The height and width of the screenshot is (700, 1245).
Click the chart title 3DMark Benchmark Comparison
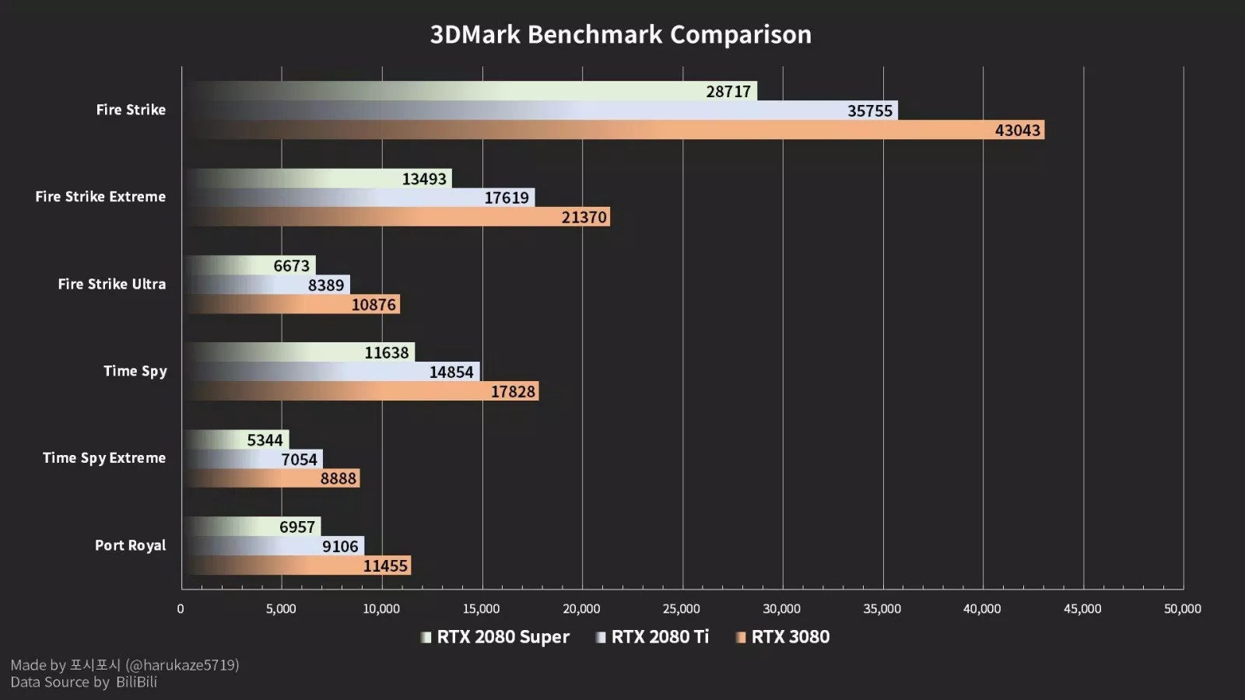(x=621, y=34)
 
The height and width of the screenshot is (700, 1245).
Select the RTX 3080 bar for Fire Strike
(x=615, y=130)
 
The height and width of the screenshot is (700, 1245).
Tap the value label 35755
(x=869, y=110)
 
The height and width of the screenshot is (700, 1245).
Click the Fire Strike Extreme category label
(x=100, y=197)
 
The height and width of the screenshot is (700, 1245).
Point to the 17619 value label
(x=506, y=198)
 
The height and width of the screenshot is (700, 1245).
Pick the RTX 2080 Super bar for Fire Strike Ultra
(x=249, y=265)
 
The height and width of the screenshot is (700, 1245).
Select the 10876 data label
(x=373, y=305)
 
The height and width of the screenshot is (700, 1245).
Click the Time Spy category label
(x=135, y=371)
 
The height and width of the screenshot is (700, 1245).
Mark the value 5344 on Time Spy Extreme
(x=265, y=440)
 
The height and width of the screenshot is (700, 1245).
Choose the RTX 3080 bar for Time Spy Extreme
(x=272, y=478)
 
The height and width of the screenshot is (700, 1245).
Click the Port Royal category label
(x=130, y=545)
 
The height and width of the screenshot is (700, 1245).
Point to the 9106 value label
(x=340, y=547)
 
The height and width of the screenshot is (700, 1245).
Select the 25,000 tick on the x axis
(x=681, y=609)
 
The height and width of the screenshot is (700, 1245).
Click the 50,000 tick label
(x=1182, y=609)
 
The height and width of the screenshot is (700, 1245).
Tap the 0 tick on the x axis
(x=181, y=609)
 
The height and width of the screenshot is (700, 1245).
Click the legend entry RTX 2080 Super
(x=502, y=637)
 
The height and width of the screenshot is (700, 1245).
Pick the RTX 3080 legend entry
(x=789, y=637)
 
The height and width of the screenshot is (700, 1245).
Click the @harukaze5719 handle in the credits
(x=182, y=665)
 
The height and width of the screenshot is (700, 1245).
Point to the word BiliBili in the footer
(x=136, y=682)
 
